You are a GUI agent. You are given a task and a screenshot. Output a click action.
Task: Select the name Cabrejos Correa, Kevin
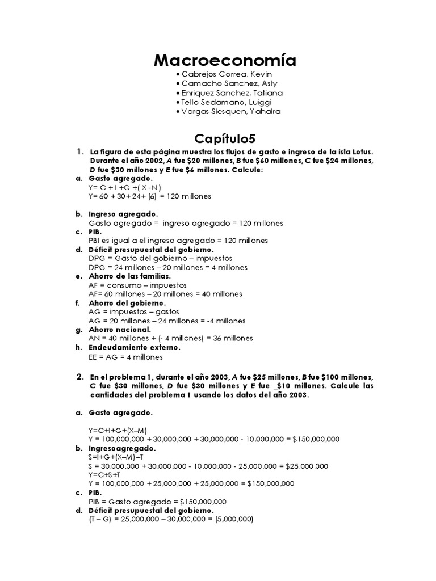[219, 74]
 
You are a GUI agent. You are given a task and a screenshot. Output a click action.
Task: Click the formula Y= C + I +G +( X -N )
[125, 187]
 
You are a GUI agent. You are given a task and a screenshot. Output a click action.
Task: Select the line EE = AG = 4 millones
[125, 357]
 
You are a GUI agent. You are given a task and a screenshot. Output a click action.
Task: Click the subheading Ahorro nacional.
[120, 329]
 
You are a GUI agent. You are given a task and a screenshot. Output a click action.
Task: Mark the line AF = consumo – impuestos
[137, 285]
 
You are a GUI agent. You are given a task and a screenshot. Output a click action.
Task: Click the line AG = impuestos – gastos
[133, 311]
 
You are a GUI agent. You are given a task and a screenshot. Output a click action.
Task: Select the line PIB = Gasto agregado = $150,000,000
[157, 502]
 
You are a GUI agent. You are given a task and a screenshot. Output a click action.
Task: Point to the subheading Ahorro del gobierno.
[127, 303]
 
